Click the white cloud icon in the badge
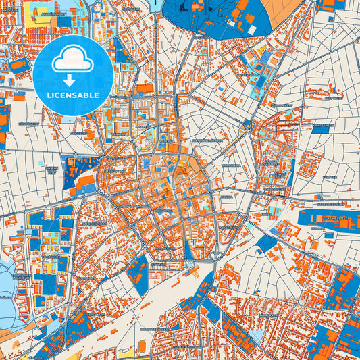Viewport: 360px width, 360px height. [x=73, y=59]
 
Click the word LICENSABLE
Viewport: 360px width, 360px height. [x=73, y=95]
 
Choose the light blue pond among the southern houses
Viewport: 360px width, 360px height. [x=257, y=335]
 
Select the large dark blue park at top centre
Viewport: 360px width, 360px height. [x=230, y=17]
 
